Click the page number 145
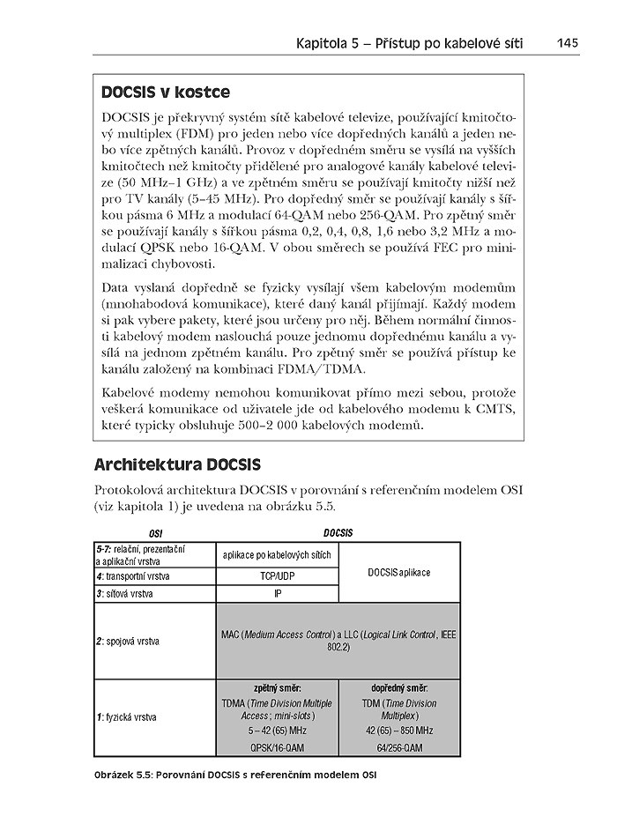[x=567, y=41]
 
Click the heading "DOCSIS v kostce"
[x=165, y=93]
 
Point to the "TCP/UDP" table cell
[x=277, y=576]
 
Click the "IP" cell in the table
[x=277, y=593]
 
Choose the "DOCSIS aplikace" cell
[x=399, y=572]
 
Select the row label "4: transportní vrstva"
[x=134, y=576]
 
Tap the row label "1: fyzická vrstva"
[x=128, y=717]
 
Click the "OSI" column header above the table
[x=155, y=534]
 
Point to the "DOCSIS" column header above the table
[x=338, y=533]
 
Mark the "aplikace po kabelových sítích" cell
[x=277, y=555]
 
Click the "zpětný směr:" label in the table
[x=277, y=686]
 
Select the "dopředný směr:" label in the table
[x=398, y=686]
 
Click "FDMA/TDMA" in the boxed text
[x=311, y=369]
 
